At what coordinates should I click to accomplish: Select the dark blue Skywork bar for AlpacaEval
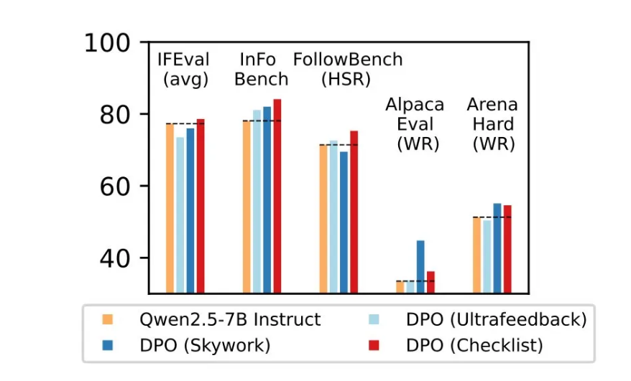[420, 266]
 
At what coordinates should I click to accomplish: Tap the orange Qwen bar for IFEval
[170, 208]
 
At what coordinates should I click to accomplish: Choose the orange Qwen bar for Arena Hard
[476, 255]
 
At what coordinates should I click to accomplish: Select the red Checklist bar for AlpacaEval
[430, 282]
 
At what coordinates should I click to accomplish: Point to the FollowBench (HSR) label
[348, 70]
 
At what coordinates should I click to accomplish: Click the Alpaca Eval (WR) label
[415, 124]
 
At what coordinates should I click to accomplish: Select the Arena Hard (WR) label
[492, 124]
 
